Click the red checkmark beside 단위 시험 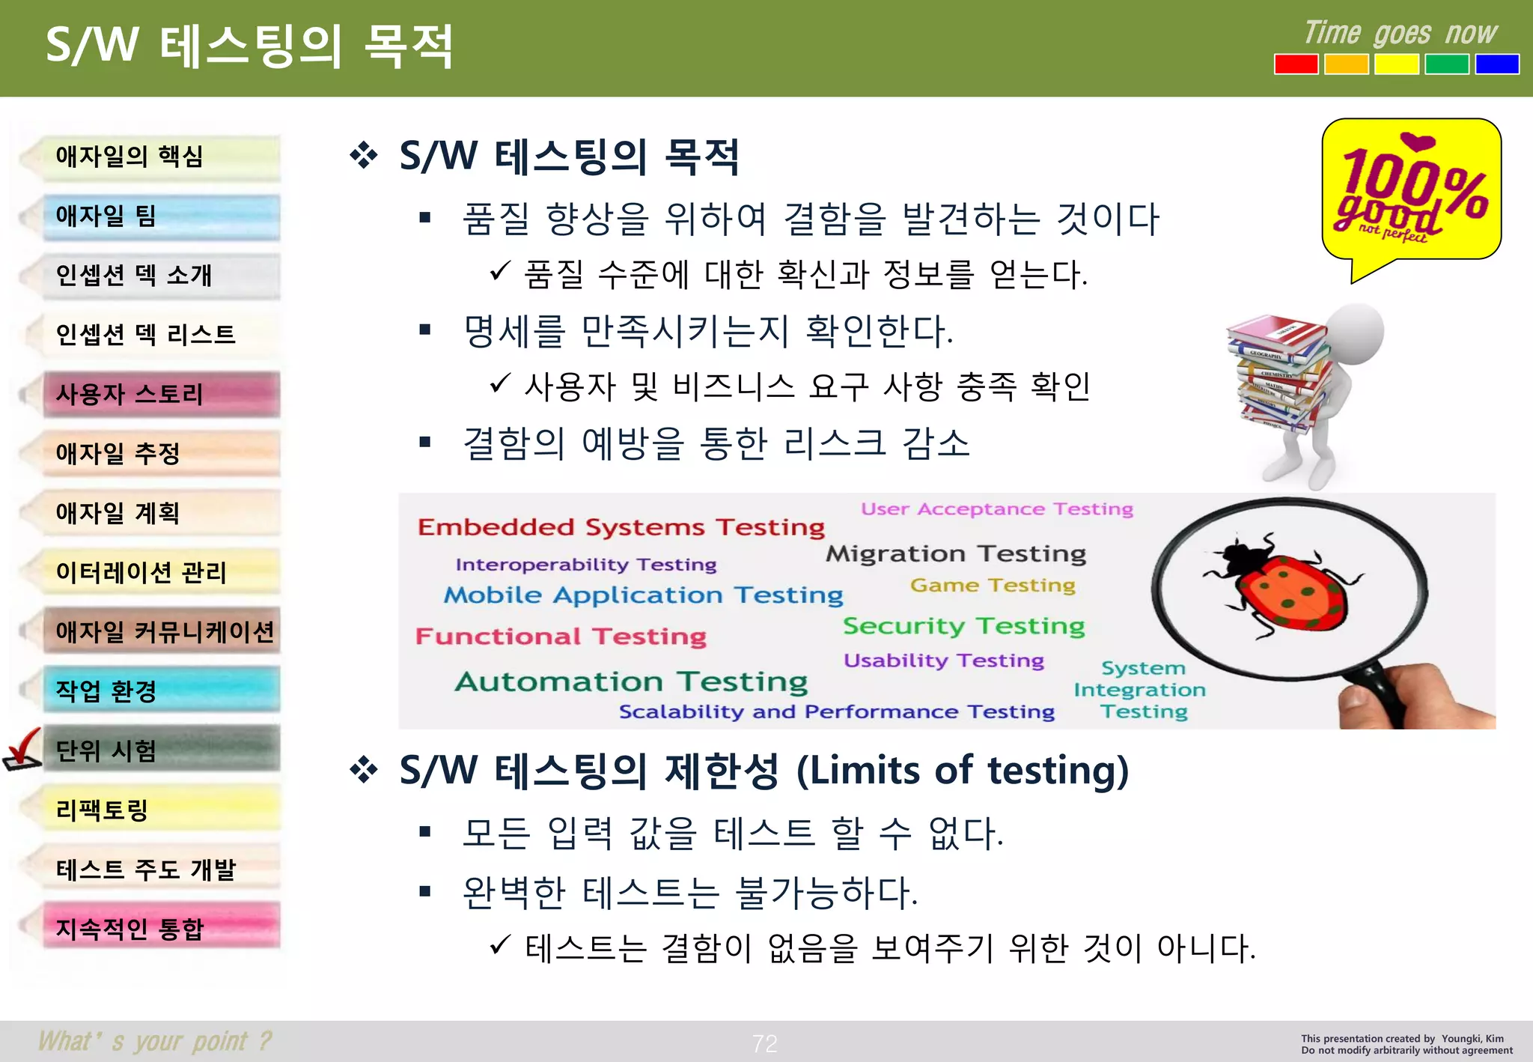pyautogui.click(x=22, y=749)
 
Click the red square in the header pyautogui.click(x=1296, y=64)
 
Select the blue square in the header pyautogui.click(x=1496, y=64)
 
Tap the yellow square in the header pyautogui.click(x=1396, y=64)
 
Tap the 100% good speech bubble pyautogui.click(x=1410, y=192)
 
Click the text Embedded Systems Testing pyautogui.click(x=621, y=527)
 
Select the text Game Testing pyautogui.click(x=993, y=585)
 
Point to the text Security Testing pyautogui.click(x=963, y=626)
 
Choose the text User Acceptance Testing pyautogui.click(x=996, y=509)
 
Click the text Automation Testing pyautogui.click(x=632, y=682)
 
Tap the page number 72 pyautogui.click(x=765, y=1043)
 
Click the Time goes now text pyautogui.click(x=1400, y=34)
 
